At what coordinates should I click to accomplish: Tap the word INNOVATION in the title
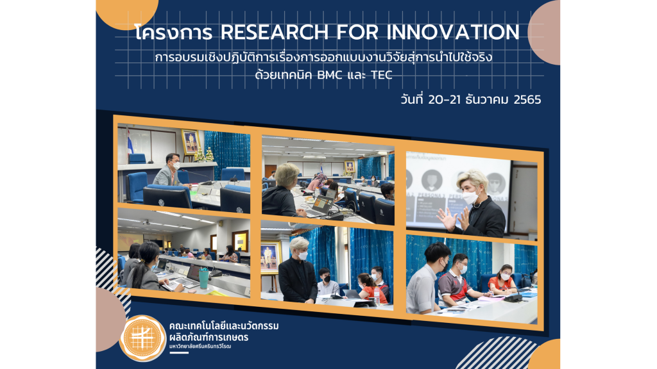[453, 32]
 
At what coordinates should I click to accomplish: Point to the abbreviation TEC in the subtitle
[381, 76]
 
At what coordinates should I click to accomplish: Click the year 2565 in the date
[527, 100]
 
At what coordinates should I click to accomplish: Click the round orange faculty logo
[142, 338]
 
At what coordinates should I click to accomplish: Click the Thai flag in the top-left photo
[130, 142]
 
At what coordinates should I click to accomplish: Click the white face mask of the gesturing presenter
[471, 197]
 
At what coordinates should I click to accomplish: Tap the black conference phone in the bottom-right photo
[513, 297]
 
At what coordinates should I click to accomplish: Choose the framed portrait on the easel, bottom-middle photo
[270, 258]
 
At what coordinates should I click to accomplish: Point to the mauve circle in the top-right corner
[544, 33]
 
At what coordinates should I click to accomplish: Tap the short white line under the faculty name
[179, 353]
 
